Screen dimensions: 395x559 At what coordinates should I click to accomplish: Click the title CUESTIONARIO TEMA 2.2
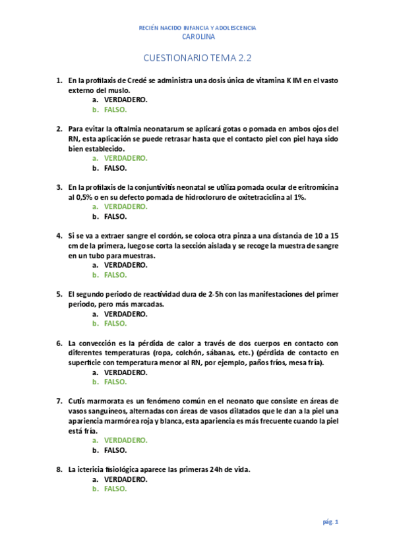[198, 58]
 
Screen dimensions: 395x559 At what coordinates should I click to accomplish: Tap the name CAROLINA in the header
[198, 37]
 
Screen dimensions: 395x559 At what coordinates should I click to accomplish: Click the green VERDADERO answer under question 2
[126, 158]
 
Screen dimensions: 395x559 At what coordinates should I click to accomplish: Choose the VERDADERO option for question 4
[126, 265]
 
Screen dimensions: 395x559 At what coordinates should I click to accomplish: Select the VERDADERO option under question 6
[126, 372]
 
